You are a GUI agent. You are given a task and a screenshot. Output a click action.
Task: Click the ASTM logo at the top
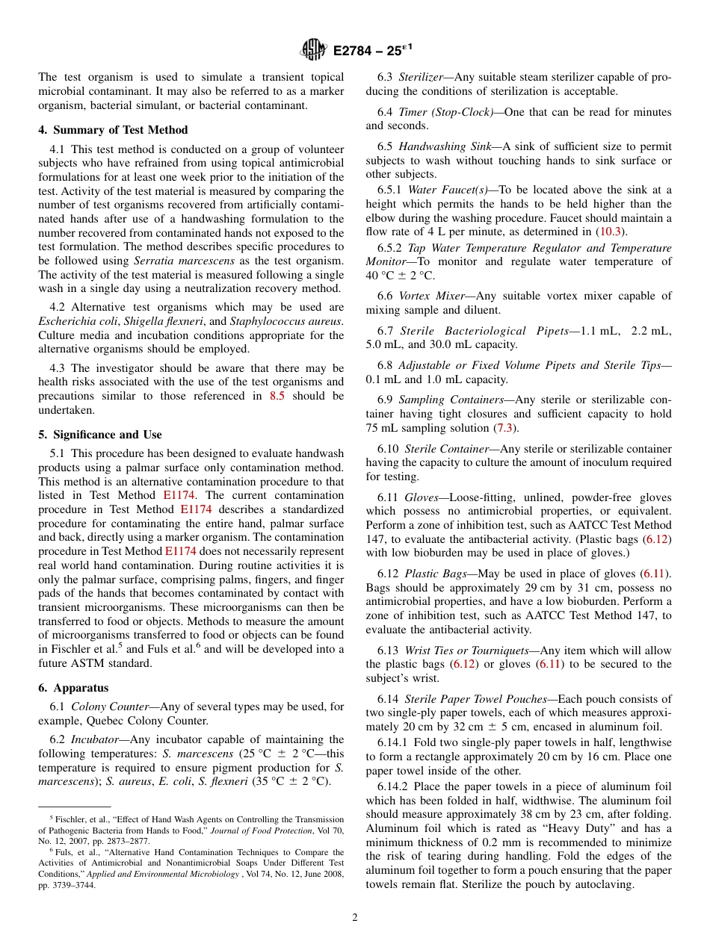point(312,50)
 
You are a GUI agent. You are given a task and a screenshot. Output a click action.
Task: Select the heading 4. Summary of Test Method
point(113,130)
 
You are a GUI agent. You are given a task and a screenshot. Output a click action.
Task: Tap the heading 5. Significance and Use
point(100,435)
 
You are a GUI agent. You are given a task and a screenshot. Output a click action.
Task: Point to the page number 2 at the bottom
point(355,918)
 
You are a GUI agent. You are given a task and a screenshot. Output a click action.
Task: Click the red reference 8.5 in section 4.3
point(277,397)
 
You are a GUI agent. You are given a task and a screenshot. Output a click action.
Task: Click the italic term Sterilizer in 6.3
point(422,77)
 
